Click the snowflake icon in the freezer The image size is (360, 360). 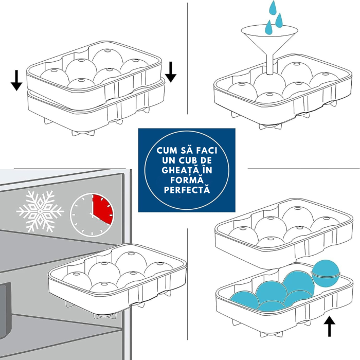[x=40, y=211]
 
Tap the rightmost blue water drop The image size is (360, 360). [x=279, y=20]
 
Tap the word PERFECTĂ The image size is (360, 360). [x=187, y=190]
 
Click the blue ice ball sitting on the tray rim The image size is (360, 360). [x=326, y=272]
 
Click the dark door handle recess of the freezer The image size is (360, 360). [x=5, y=298]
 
